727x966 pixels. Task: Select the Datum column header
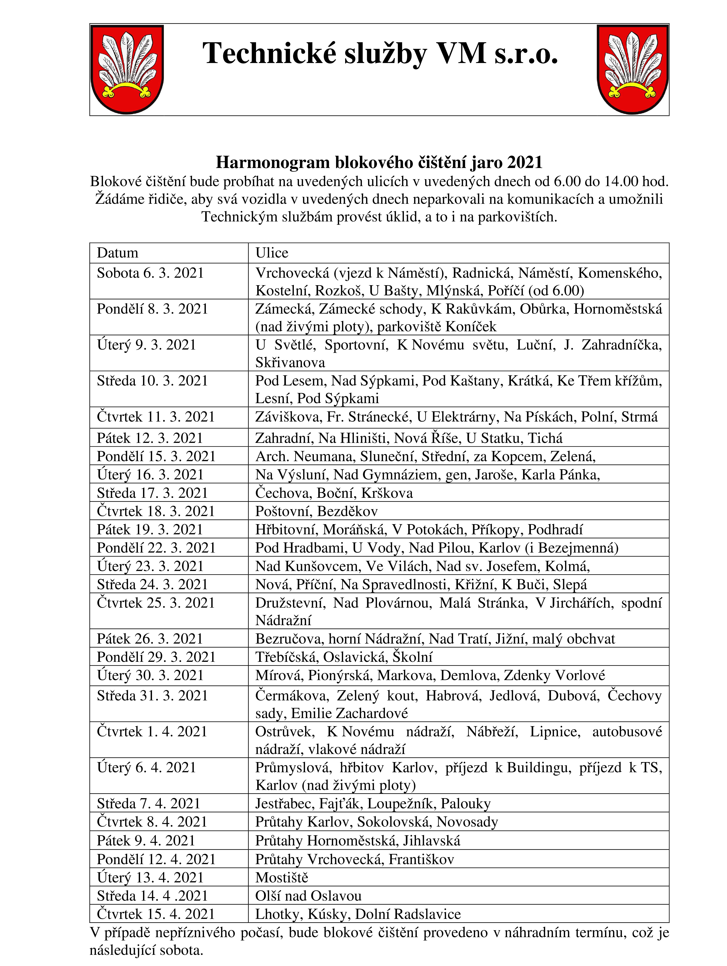pos(117,253)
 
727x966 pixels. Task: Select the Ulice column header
pos(272,253)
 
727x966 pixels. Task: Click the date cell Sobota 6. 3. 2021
pos(150,273)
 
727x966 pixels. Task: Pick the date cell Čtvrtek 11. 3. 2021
pos(156,417)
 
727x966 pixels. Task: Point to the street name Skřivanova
pos(290,362)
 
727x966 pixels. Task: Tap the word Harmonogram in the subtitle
pos(273,162)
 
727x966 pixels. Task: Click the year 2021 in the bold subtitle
pos(525,162)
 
